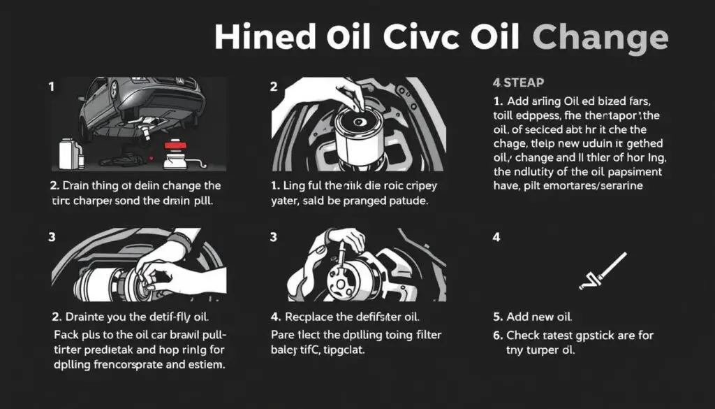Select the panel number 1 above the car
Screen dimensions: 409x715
click(51, 87)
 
